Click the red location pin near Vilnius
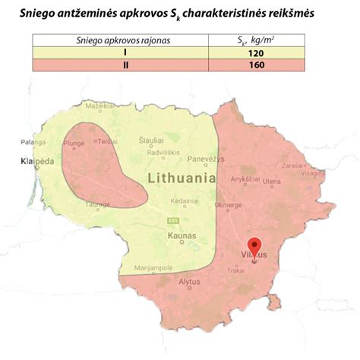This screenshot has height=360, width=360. [x=255, y=247]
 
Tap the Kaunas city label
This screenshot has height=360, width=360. [x=182, y=236]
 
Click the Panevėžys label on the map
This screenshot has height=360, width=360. [x=206, y=159]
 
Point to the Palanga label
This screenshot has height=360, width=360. [x=33, y=141]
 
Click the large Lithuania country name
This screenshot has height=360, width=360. [x=182, y=179]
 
